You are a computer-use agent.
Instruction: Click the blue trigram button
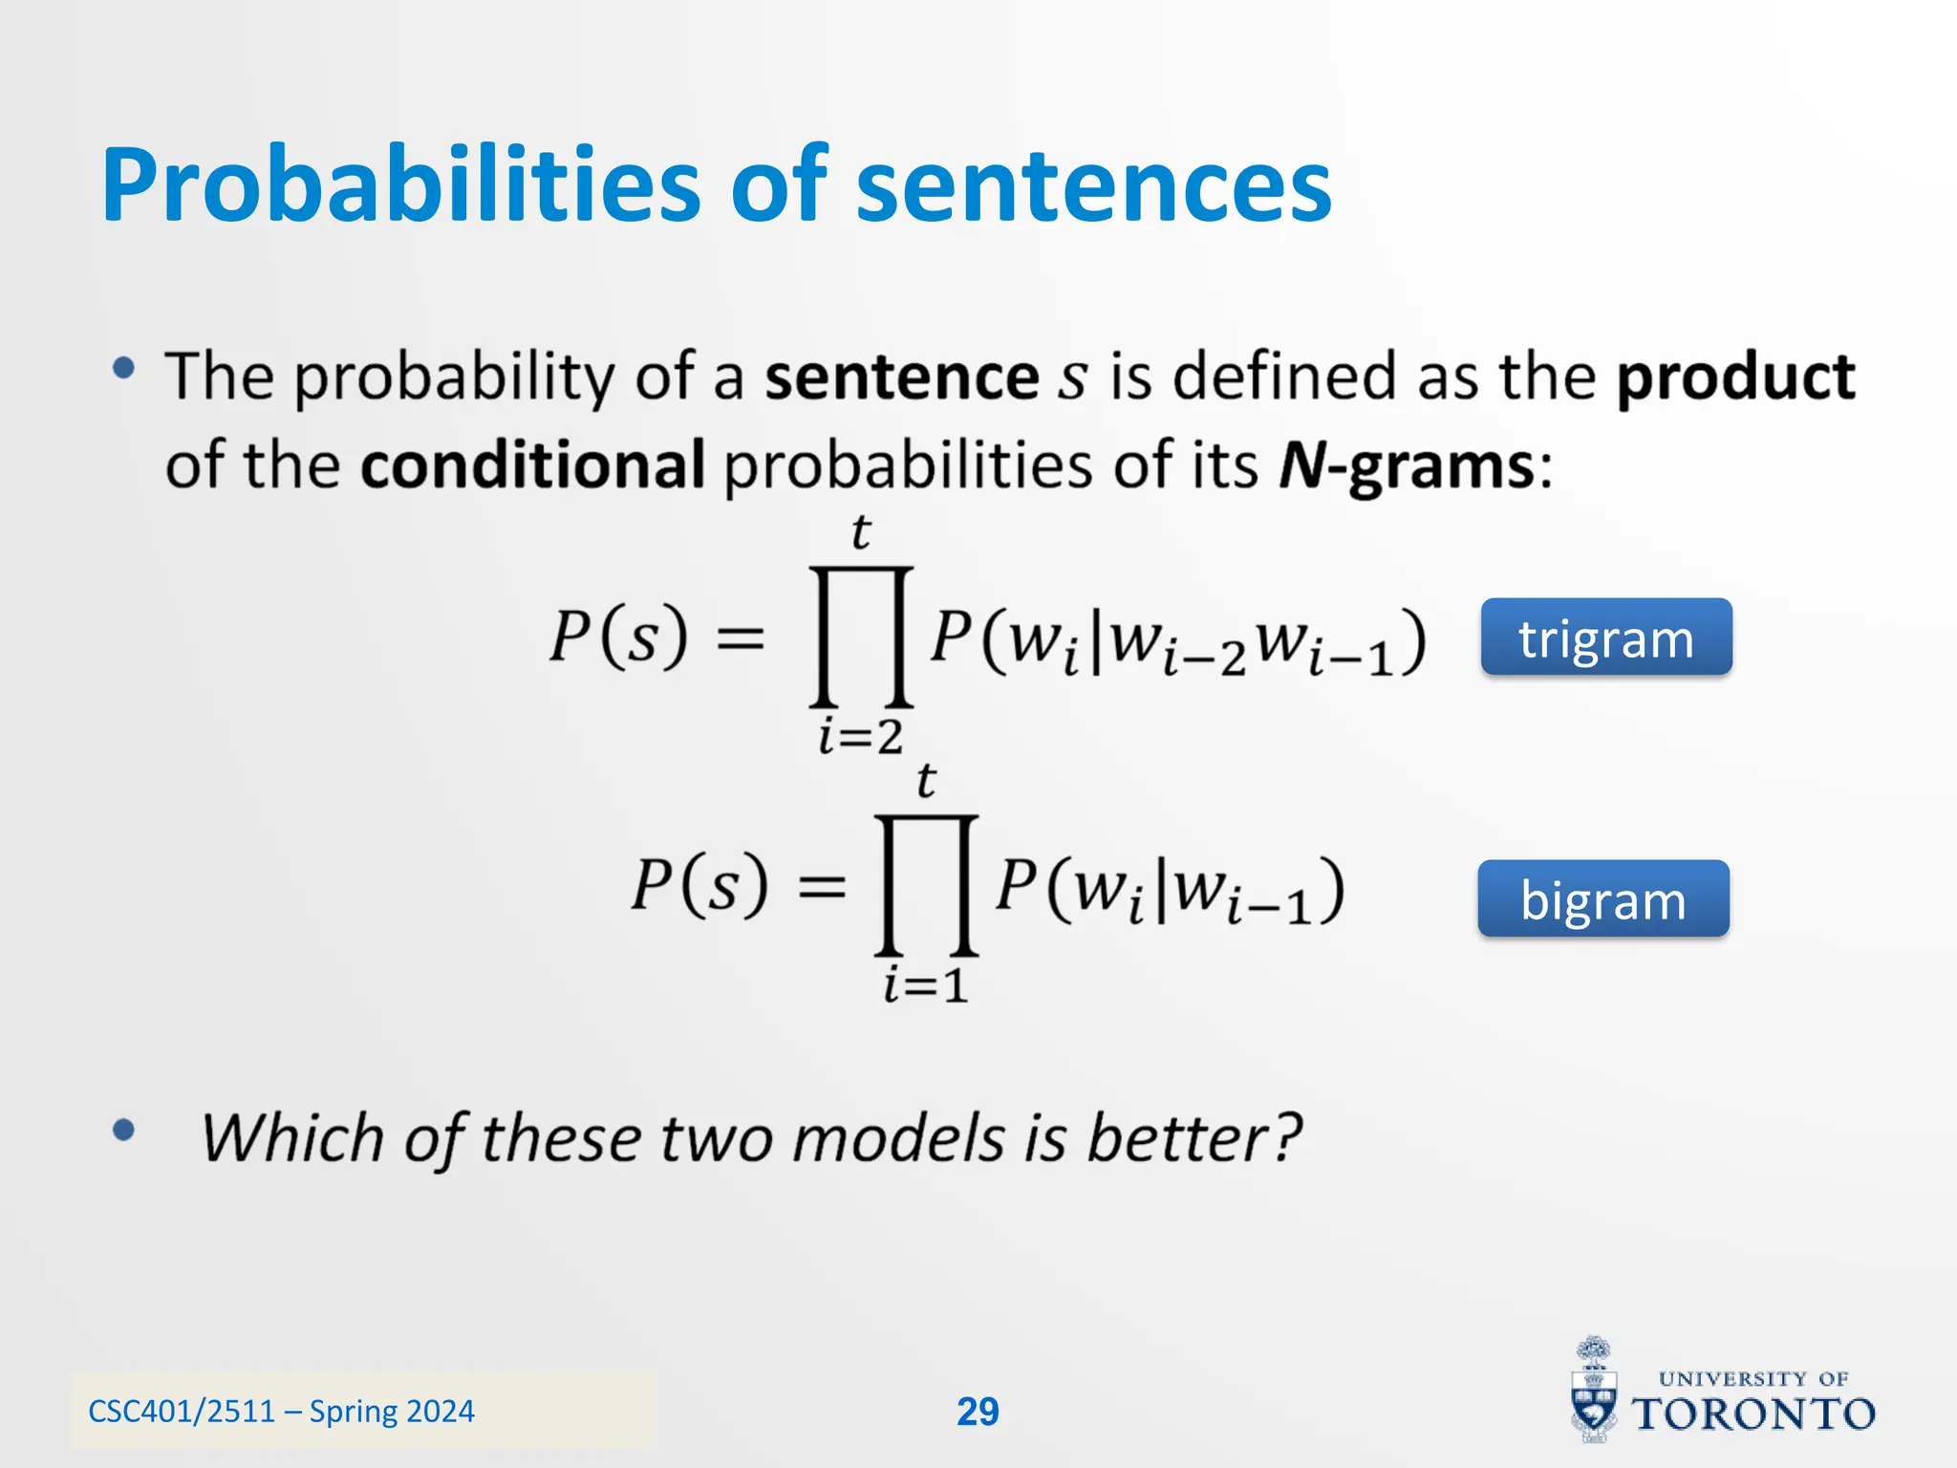click(1605, 637)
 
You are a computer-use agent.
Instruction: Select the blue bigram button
click(1602, 899)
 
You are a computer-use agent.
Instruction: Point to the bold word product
click(1734, 377)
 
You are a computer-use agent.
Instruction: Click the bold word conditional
click(532, 465)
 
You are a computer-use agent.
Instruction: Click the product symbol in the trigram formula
click(861, 637)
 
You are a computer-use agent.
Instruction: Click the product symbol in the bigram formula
click(925, 885)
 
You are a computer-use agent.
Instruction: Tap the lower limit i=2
click(860, 737)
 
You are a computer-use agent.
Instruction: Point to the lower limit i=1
click(925, 985)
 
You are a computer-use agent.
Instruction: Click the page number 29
click(978, 1412)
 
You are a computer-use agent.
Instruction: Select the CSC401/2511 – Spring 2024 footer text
click(281, 1412)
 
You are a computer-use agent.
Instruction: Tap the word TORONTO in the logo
click(1753, 1414)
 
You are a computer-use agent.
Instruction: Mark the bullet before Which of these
click(123, 1131)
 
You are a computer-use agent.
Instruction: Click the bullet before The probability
click(123, 369)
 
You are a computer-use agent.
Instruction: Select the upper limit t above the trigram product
click(861, 532)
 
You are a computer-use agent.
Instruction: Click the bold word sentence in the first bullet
click(901, 377)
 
